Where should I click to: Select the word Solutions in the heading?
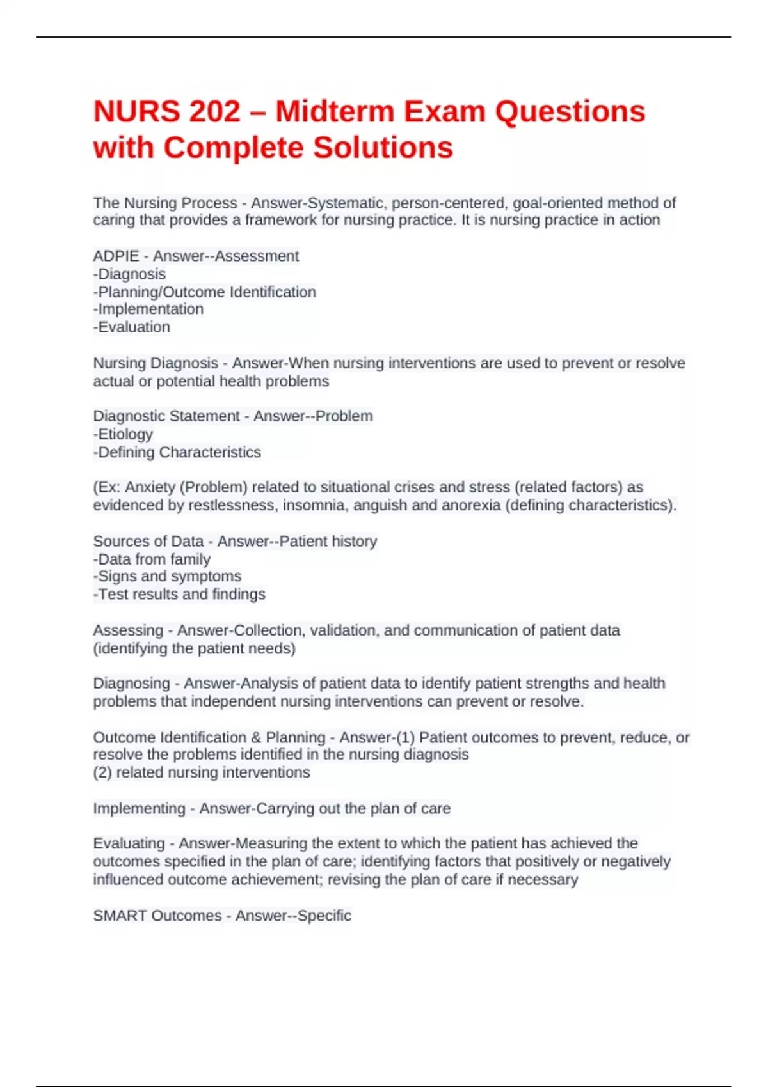pyautogui.click(x=383, y=148)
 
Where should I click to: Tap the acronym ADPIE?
pyautogui.click(x=116, y=256)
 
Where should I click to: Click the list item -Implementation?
pyautogui.click(x=148, y=309)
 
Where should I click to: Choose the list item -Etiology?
pyautogui.click(x=123, y=434)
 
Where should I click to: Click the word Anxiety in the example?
pyautogui.click(x=150, y=487)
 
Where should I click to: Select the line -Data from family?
pyautogui.click(x=152, y=559)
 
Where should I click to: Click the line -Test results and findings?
pyautogui.click(x=179, y=595)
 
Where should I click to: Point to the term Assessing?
pyautogui.click(x=128, y=630)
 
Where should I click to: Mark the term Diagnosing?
pyautogui.click(x=131, y=684)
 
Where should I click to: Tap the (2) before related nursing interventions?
pyautogui.click(x=102, y=772)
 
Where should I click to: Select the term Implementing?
pyautogui.click(x=139, y=809)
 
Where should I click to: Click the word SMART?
pyautogui.click(x=120, y=916)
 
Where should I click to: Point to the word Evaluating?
pyautogui.click(x=129, y=843)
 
